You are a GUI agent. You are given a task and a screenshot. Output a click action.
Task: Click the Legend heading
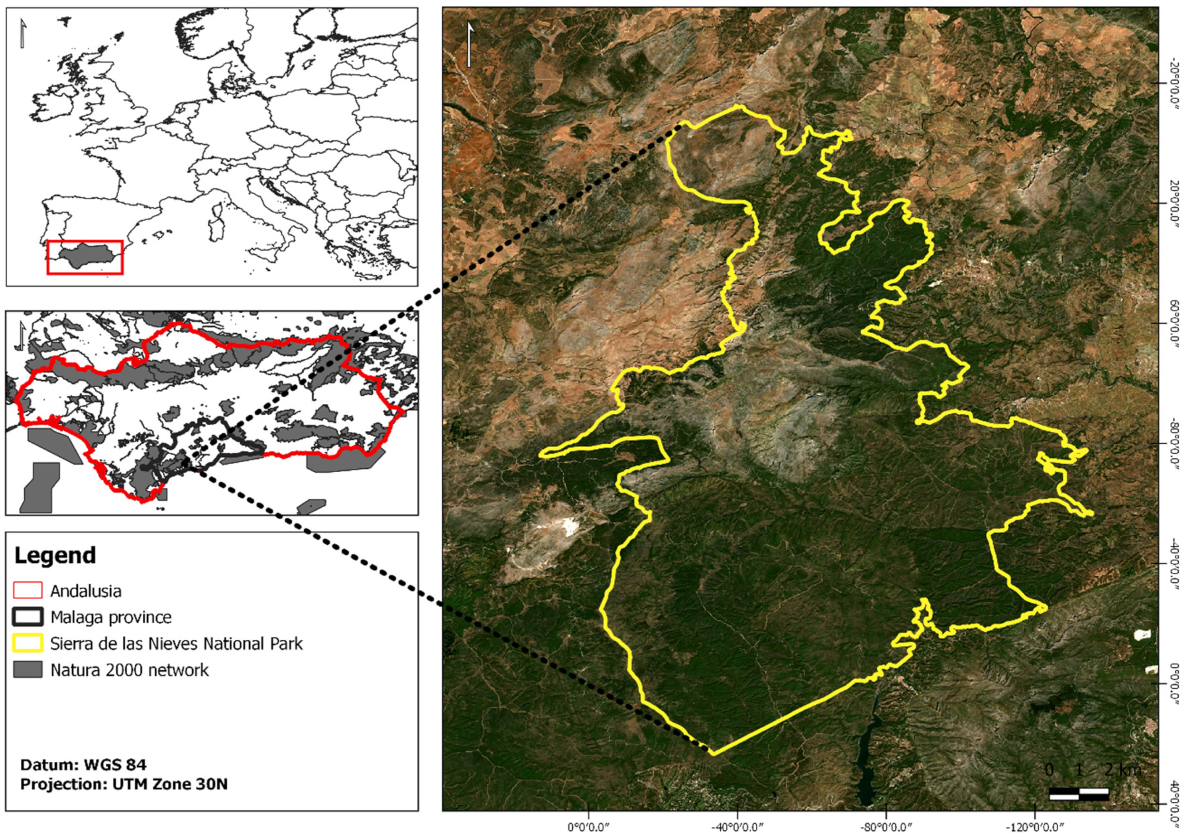click(55, 556)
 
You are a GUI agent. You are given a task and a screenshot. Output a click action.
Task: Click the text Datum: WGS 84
click(84, 765)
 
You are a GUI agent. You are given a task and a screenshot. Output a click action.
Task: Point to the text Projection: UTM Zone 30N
click(124, 784)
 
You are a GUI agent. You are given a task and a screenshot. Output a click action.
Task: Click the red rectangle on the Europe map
click(85, 257)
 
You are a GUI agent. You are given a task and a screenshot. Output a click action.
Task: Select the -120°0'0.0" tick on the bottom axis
click(1034, 828)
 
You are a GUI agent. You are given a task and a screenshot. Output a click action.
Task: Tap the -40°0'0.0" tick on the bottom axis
click(737, 828)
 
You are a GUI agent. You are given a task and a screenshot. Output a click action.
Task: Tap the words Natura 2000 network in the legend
click(130, 670)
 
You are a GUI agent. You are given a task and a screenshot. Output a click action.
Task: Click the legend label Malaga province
click(110, 617)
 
